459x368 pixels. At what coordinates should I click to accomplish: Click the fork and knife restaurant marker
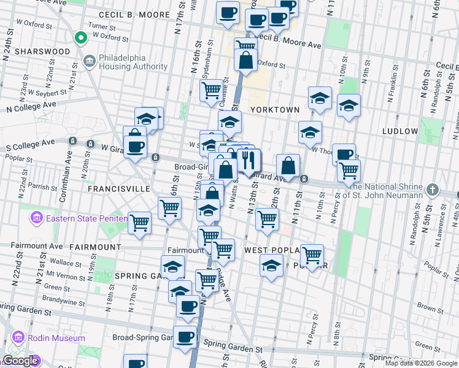[x=249, y=161]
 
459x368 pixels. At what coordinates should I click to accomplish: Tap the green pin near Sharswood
[x=80, y=39]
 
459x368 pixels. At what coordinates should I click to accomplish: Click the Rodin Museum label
[x=56, y=338]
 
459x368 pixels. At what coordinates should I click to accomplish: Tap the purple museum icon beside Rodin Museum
[x=17, y=338]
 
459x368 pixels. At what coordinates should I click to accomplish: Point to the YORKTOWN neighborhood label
[x=274, y=110]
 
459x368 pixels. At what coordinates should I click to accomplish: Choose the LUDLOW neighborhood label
[x=400, y=131]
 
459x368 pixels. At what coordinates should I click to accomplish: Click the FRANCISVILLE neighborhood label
[x=118, y=190]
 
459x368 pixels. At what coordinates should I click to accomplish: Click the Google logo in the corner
[x=20, y=361]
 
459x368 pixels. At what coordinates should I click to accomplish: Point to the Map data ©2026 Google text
[x=421, y=363]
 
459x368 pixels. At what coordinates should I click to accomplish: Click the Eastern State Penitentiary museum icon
[x=36, y=218]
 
